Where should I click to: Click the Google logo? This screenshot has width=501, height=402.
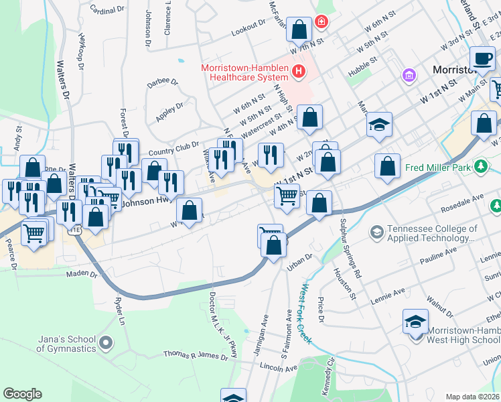tap(23, 393)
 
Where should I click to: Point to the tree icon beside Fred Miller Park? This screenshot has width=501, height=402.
tap(480, 165)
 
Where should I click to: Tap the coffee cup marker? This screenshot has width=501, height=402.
tap(482, 58)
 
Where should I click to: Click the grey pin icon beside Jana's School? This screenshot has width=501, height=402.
tap(105, 344)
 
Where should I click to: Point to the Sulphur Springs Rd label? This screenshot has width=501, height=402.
tap(350, 248)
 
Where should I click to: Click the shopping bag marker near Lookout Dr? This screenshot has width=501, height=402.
tap(299, 29)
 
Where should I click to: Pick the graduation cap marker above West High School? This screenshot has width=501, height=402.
tap(415, 323)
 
